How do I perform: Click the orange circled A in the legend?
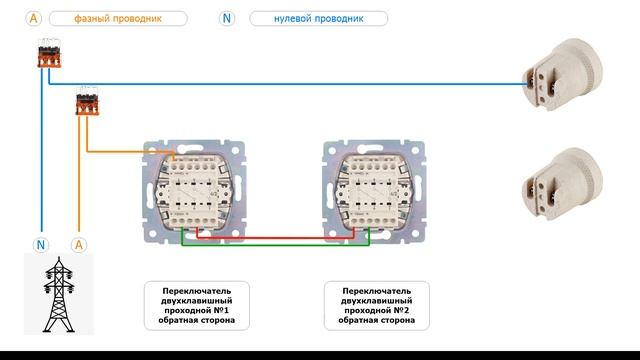click(x=33, y=18)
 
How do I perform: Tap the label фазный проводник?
click(x=118, y=18)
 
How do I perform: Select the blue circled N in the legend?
click(x=227, y=18)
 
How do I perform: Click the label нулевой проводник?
click(x=318, y=18)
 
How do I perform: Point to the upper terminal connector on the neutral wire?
click(x=49, y=53)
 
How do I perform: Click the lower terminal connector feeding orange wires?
click(x=87, y=101)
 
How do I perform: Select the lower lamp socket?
click(x=562, y=183)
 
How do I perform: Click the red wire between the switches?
click(x=276, y=237)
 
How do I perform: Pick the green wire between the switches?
click(x=276, y=245)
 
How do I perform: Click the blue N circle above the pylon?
click(x=41, y=245)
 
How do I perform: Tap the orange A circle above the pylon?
click(x=79, y=245)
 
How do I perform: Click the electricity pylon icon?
click(x=59, y=294)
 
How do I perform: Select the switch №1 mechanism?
click(x=194, y=192)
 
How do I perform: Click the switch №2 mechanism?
click(x=374, y=192)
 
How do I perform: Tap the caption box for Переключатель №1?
click(x=197, y=306)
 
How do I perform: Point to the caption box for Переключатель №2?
click(x=377, y=306)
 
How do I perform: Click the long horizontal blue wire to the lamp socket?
click(x=288, y=84)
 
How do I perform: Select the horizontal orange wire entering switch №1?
click(x=131, y=152)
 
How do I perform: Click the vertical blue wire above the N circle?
click(x=42, y=149)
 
